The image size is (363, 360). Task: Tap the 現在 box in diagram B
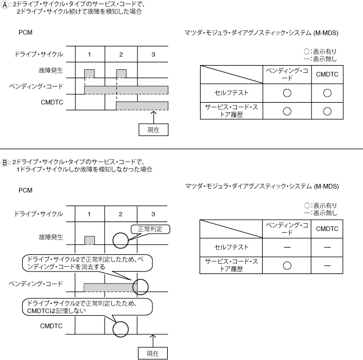(153, 353)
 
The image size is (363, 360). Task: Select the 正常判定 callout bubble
(150, 229)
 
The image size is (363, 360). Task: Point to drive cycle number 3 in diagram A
(153, 54)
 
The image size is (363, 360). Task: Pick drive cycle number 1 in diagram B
(90, 213)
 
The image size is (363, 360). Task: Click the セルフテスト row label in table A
(229, 93)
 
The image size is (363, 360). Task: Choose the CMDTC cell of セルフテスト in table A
(326, 93)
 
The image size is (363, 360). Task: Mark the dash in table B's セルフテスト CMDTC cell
(326, 247)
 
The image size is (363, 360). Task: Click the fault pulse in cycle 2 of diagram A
(121, 73)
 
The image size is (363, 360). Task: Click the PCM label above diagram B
(25, 190)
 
